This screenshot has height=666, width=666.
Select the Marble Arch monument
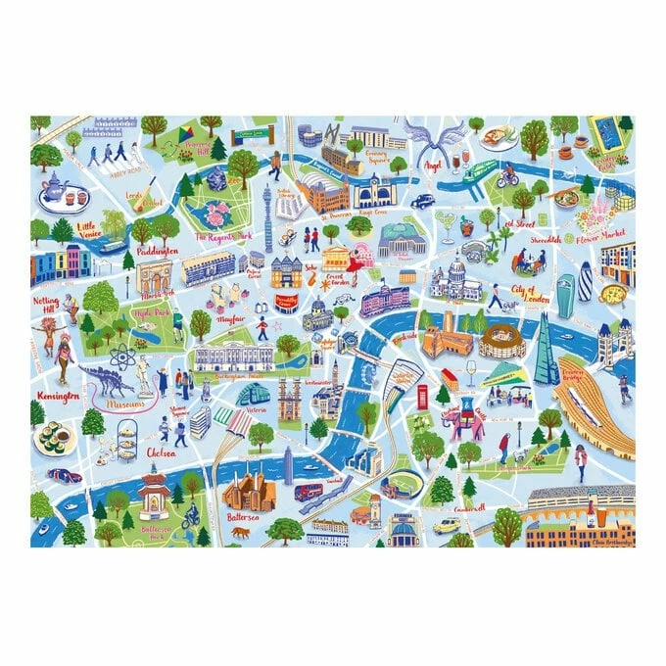(x=154, y=278)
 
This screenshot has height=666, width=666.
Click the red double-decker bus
(x=309, y=491)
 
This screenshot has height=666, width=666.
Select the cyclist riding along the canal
(x=506, y=178)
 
